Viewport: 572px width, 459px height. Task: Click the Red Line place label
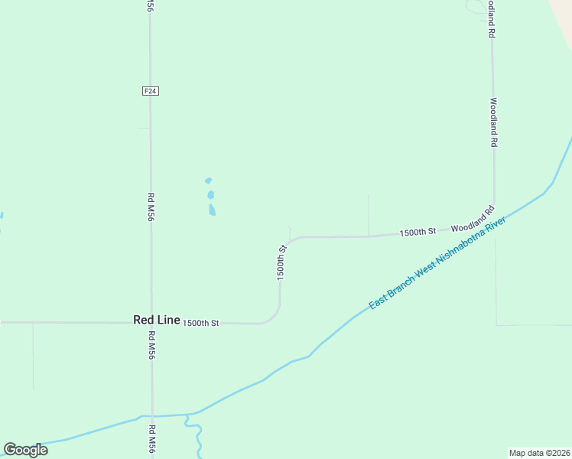click(x=156, y=321)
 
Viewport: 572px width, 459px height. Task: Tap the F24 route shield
click(x=151, y=91)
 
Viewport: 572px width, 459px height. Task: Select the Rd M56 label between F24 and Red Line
click(x=151, y=207)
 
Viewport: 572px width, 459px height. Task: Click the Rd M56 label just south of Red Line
click(x=151, y=345)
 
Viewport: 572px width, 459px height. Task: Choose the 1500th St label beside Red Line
click(x=200, y=323)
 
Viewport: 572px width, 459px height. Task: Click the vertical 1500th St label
click(x=281, y=262)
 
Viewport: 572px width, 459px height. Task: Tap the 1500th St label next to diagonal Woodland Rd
click(x=417, y=231)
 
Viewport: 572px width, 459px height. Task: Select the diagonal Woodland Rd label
click(x=473, y=219)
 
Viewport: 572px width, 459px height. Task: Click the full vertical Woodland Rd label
click(x=493, y=122)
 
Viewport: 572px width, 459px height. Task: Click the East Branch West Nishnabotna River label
click(x=437, y=262)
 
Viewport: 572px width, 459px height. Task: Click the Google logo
click(x=25, y=450)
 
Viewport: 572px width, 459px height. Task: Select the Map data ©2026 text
click(x=540, y=453)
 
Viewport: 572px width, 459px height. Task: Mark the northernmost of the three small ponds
click(x=208, y=181)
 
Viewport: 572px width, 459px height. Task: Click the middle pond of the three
click(x=210, y=195)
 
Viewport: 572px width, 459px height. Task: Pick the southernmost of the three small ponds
click(x=212, y=209)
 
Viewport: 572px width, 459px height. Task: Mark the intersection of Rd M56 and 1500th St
click(x=151, y=323)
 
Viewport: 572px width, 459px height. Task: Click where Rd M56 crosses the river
click(x=152, y=415)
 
